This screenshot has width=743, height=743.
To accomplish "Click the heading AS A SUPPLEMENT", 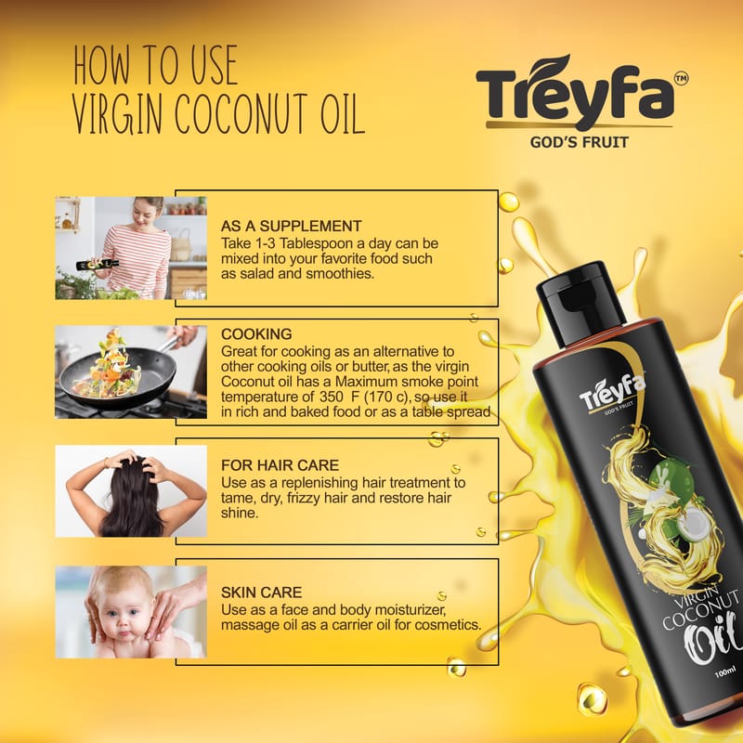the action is [291, 226].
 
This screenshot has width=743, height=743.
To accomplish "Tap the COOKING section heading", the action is [256, 334].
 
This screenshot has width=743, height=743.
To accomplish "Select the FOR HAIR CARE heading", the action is [280, 465].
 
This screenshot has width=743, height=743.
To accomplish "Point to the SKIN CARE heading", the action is [261, 593].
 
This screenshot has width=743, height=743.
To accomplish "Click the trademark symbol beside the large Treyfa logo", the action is [682, 79].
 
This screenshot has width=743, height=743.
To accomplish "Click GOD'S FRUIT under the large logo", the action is [579, 142].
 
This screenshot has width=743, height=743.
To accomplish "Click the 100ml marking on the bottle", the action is [725, 671].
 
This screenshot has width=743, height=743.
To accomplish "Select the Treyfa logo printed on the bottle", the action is [612, 393].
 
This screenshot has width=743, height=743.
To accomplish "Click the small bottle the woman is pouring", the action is [98, 265].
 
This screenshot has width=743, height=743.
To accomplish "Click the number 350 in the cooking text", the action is [331, 397].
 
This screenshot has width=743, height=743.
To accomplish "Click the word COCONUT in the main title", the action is [241, 114].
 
